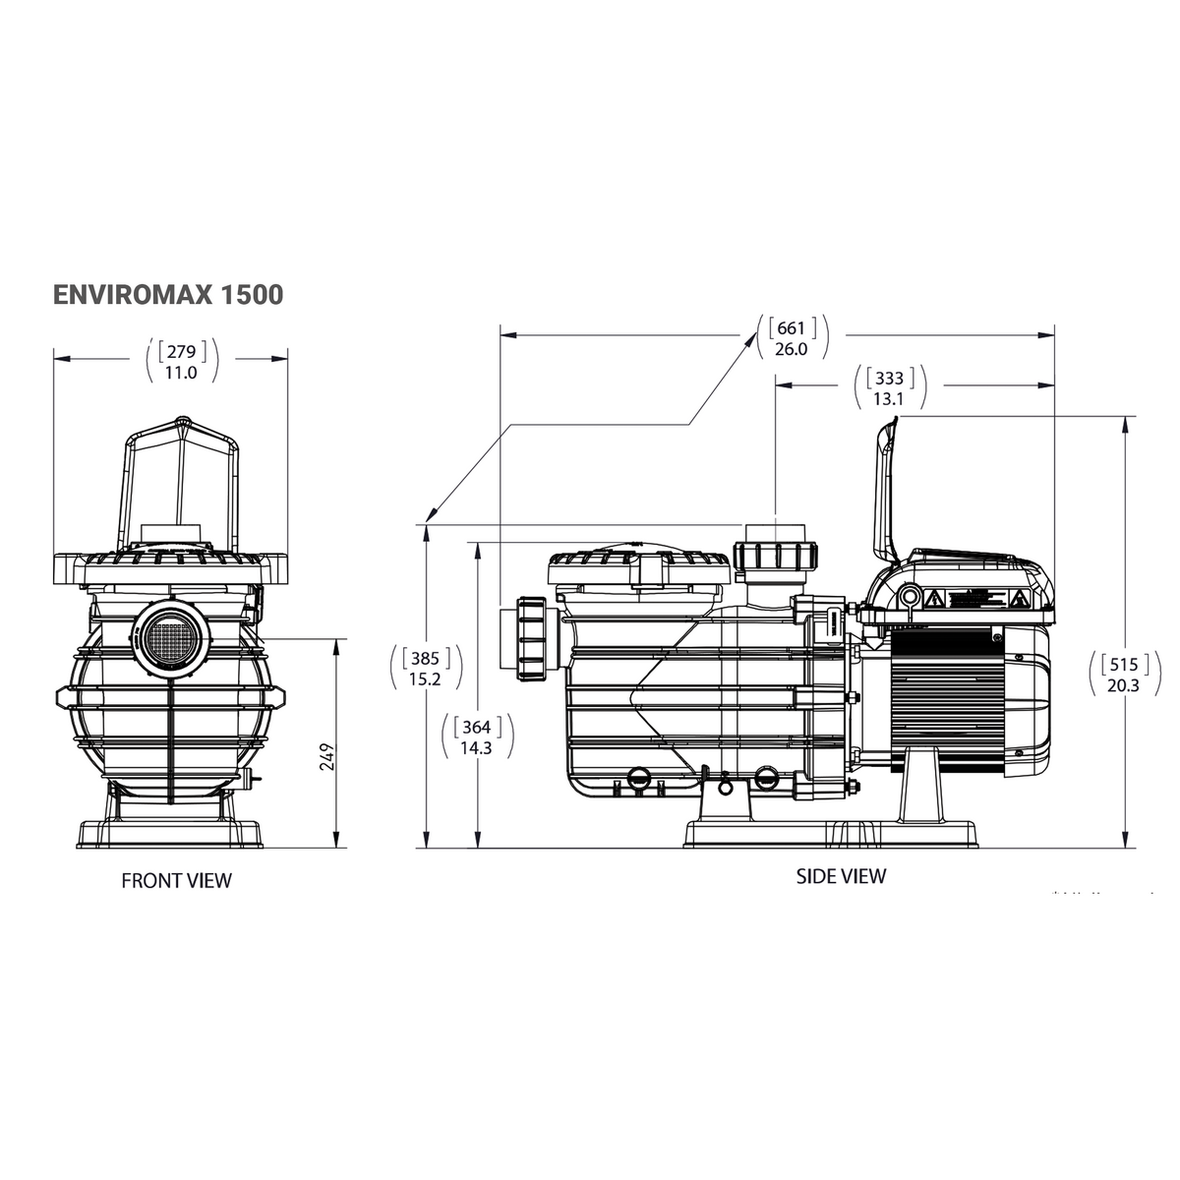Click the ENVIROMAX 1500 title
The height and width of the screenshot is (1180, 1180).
tap(167, 294)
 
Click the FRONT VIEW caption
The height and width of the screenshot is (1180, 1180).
tap(176, 880)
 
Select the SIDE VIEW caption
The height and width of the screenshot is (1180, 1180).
tap(841, 875)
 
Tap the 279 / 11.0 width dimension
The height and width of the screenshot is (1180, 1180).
tap(181, 361)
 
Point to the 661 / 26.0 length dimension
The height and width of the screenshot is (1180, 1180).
tap(791, 337)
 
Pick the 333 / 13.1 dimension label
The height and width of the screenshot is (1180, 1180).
tap(889, 388)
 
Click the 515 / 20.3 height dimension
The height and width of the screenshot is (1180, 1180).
tap(1122, 674)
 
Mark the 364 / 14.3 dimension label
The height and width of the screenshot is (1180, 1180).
tap(476, 737)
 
